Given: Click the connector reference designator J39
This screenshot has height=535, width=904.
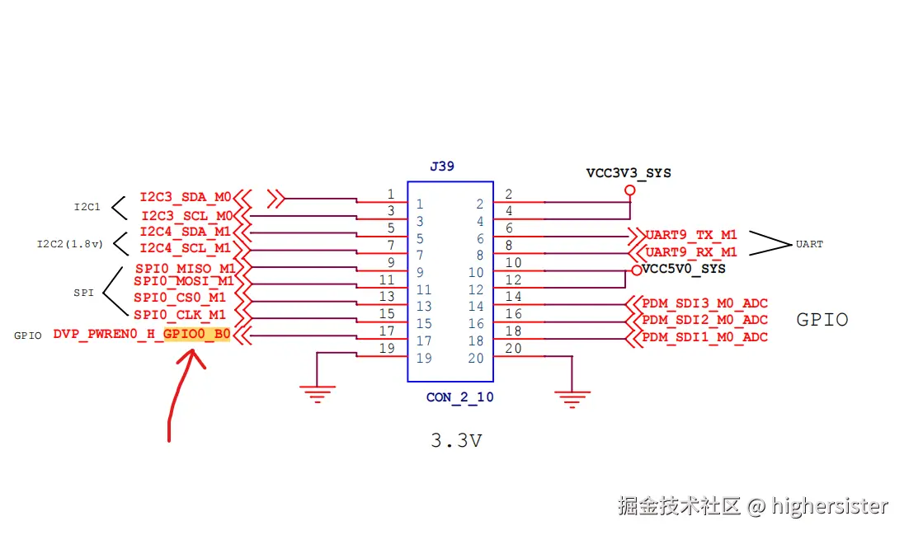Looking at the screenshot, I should [442, 167].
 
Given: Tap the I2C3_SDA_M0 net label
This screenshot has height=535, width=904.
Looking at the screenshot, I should [186, 197].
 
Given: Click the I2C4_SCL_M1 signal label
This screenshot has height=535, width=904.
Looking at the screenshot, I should [186, 247].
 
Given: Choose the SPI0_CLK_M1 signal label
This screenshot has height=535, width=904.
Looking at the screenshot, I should [180, 314].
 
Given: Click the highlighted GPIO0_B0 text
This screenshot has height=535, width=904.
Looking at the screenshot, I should [196, 335].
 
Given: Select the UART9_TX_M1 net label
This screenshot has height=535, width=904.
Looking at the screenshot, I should [691, 235].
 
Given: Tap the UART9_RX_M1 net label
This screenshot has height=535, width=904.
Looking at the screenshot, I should [691, 251].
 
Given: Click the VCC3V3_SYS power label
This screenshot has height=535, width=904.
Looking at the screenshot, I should [629, 173].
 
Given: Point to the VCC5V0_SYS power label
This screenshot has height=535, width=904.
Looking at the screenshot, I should [684, 269].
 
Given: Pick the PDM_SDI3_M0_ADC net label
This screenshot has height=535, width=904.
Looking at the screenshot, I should [704, 303].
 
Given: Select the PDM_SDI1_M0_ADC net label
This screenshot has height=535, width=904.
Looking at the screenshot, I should [704, 336].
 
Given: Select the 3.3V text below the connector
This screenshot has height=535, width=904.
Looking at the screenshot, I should [456, 441].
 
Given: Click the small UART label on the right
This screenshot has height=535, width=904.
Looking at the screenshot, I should [808, 244].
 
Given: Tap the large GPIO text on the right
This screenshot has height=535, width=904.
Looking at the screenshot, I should [822, 320].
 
